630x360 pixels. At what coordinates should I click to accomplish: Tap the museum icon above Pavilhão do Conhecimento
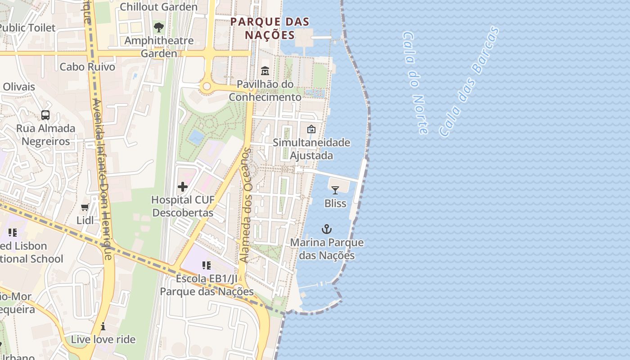(265, 71)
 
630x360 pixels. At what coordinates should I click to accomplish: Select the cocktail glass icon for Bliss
(335, 190)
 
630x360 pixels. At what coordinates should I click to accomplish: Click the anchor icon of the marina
(327, 229)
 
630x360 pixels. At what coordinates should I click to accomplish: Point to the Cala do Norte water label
(415, 83)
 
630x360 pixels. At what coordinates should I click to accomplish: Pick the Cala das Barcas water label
(469, 81)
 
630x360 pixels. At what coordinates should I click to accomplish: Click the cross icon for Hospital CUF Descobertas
(183, 187)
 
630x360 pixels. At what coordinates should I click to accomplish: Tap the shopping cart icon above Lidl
(85, 207)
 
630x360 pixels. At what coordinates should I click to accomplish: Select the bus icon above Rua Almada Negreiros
(45, 115)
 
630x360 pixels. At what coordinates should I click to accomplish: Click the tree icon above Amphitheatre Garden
(159, 27)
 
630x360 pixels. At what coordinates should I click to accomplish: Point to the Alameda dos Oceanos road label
(246, 205)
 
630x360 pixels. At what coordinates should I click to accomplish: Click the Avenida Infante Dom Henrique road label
(101, 178)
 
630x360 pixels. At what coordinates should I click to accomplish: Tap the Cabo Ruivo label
(87, 67)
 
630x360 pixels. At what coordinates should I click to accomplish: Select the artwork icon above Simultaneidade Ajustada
(311, 130)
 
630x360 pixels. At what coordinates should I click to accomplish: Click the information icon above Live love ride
(103, 326)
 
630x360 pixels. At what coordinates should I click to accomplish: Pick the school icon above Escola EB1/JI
(207, 265)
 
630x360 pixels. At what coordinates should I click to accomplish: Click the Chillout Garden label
(158, 7)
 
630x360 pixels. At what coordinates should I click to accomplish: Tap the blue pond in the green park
(196, 137)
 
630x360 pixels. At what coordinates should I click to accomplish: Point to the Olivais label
(19, 87)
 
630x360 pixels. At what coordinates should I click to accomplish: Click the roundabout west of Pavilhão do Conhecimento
(207, 86)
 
